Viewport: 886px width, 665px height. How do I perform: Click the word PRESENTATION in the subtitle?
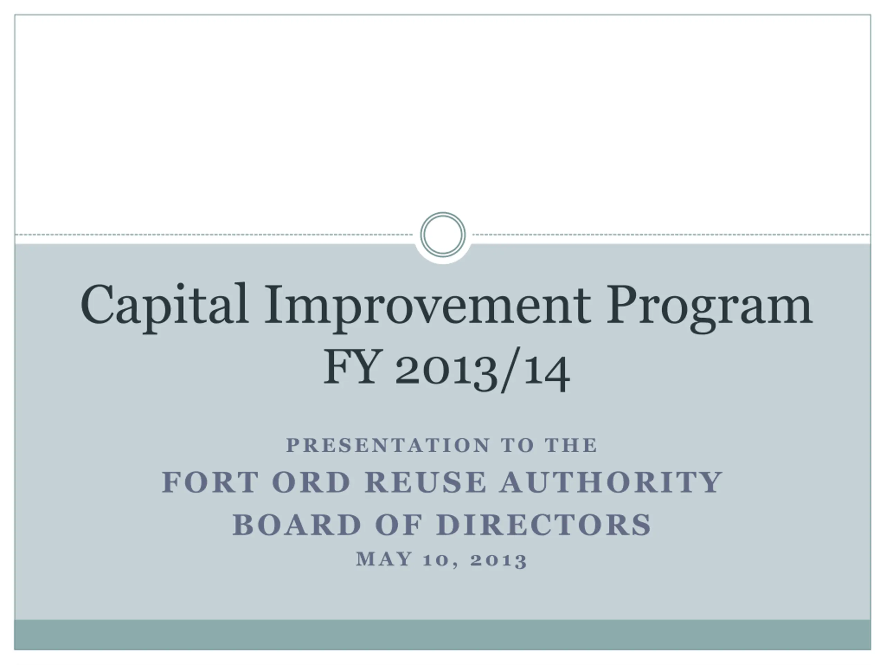[388, 445]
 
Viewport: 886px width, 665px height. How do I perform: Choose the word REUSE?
[426, 482]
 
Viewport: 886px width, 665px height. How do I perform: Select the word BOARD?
[297, 525]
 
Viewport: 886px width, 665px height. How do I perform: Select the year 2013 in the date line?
[499, 560]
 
